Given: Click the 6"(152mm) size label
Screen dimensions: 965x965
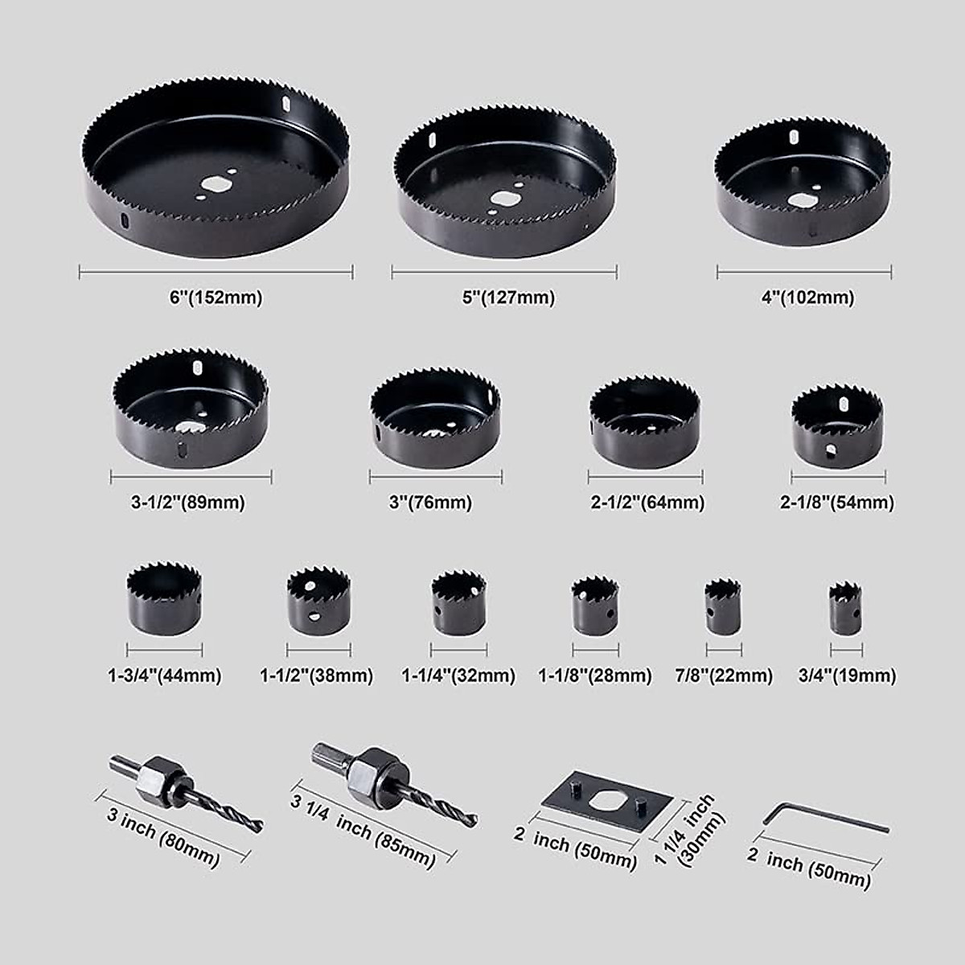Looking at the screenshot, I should [x=216, y=298].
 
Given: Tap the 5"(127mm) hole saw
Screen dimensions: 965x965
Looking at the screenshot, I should [x=504, y=180].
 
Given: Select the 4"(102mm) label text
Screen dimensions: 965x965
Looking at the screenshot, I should [x=807, y=298].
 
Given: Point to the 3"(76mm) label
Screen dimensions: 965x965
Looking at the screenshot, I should [x=430, y=503].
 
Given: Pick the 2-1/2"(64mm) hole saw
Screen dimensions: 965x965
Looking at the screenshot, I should [x=644, y=421].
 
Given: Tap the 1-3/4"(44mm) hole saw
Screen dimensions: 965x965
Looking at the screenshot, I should [x=164, y=599].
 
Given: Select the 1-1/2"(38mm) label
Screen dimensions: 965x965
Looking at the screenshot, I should [x=317, y=676].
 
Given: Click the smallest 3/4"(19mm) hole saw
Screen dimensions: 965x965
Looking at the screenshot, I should [x=845, y=607].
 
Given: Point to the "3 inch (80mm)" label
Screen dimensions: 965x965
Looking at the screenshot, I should [x=164, y=837].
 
